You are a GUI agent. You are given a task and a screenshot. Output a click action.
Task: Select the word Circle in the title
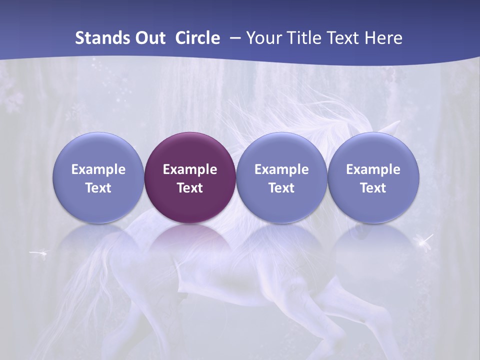(x=197, y=38)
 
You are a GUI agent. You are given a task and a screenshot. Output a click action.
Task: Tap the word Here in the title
(x=385, y=38)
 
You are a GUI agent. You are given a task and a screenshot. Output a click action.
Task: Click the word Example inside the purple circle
(x=190, y=169)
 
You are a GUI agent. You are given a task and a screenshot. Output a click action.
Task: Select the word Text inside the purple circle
(x=190, y=188)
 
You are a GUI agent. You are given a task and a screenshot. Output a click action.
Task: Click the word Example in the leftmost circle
(x=98, y=169)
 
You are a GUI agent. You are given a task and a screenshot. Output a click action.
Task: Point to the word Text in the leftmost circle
(x=98, y=188)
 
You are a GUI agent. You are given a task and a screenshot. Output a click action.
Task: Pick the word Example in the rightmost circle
(x=373, y=169)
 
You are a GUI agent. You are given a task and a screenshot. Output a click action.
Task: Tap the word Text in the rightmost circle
(x=373, y=188)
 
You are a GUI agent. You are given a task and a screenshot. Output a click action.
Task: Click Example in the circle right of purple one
(x=281, y=169)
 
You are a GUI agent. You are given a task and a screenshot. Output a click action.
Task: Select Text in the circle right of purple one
(x=281, y=188)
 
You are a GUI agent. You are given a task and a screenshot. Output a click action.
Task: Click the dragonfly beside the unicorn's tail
(x=39, y=253)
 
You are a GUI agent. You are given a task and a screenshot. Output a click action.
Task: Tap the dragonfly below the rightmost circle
(x=425, y=242)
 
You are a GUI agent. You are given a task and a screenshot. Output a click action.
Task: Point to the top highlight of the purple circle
(x=190, y=140)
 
